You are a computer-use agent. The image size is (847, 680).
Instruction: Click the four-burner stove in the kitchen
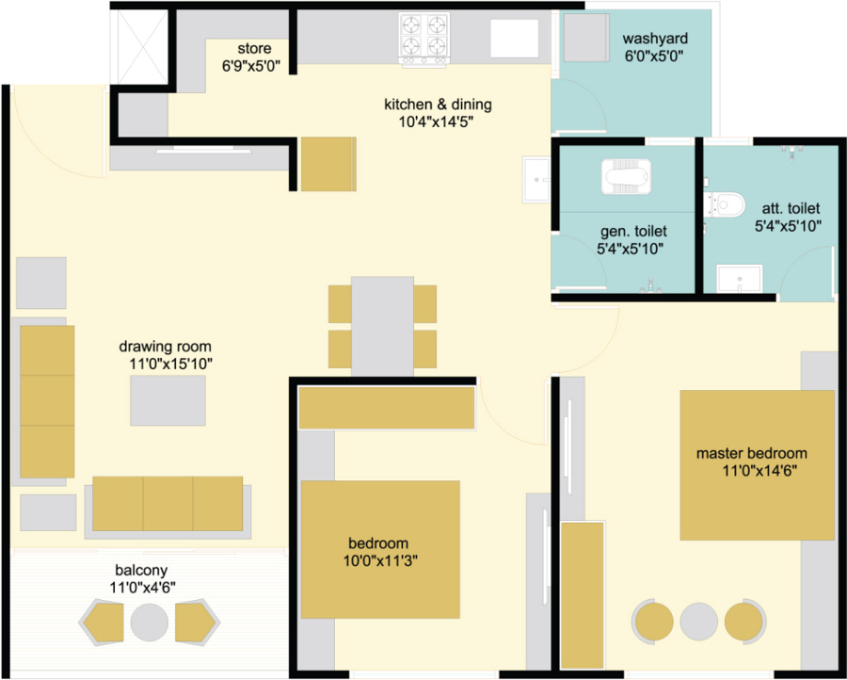click(x=424, y=40)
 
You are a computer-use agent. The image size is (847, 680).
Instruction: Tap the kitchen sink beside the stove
click(x=514, y=38)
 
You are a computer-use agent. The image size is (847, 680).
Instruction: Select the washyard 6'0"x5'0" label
click(x=655, y=47)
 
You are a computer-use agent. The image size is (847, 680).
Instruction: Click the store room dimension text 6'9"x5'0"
click(x=250, y=67)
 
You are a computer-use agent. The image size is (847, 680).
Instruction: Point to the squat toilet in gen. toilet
click(x=626, y=176)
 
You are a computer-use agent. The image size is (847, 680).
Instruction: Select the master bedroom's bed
click(x=757, y=465)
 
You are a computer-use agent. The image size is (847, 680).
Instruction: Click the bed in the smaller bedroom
click(x=380, y=549)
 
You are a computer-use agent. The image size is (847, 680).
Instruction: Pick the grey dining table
click(x=382, y=327)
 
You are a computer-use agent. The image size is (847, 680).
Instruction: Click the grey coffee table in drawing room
click(x=168, y=400)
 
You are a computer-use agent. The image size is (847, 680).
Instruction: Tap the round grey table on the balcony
click(x=149, y=623)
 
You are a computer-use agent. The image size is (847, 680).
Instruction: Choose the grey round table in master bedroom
click(x=699, y=622)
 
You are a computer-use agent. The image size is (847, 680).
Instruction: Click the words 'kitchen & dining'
click(x=438, y=104)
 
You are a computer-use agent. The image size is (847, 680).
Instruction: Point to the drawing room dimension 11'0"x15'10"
click(x=169, y=364)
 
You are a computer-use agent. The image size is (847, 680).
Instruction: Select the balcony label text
click(x=141, y=570)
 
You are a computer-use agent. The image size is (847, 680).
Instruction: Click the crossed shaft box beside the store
click(x=142, y=46)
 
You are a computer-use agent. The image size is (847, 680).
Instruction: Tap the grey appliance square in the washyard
click(x=586, y=38)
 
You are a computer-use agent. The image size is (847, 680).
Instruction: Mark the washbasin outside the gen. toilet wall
click(x=536, y=179)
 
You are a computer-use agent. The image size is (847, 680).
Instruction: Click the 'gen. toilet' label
click(x=633, y=232)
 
